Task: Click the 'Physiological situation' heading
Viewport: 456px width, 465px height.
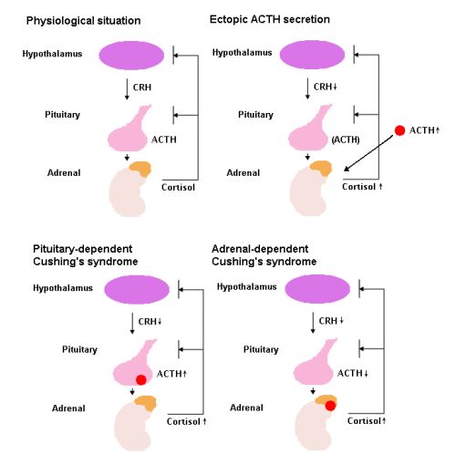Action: tap(83, 21)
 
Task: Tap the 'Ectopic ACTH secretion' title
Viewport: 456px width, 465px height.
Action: tap(270, 19)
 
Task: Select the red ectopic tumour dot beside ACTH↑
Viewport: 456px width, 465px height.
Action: tap(399, 130)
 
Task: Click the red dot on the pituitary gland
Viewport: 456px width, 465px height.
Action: tap(141, 380)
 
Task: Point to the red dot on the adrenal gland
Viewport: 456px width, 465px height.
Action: tap(330, 406)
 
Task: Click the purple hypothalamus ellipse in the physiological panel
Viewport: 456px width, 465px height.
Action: tap(131, 56)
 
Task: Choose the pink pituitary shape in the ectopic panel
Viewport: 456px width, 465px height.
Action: tap(307, 129)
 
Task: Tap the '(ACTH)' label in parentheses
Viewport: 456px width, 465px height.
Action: tap(346, 139)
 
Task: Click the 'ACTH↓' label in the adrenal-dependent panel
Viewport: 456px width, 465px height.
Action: tap(353, 373)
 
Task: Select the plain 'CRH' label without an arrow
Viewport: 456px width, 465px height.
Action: tap(142, 88)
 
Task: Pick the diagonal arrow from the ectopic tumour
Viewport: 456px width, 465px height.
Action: tap(368, 153)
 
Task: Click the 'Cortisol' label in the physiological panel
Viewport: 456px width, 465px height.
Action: tap(178, 187)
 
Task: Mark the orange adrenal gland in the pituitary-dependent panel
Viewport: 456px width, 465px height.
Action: tap(145, 403)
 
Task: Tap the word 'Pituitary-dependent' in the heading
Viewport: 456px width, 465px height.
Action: tap(83, 249)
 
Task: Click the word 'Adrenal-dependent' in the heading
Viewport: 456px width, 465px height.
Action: tap(260, 249)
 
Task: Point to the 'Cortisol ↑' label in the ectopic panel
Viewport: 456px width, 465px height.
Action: tap(362, 187)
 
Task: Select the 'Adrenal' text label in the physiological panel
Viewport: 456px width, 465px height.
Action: tap(64, 173)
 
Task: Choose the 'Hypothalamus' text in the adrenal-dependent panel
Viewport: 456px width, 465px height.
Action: tap(246, 287)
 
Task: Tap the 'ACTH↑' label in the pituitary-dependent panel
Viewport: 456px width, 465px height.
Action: tap(171, 374)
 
